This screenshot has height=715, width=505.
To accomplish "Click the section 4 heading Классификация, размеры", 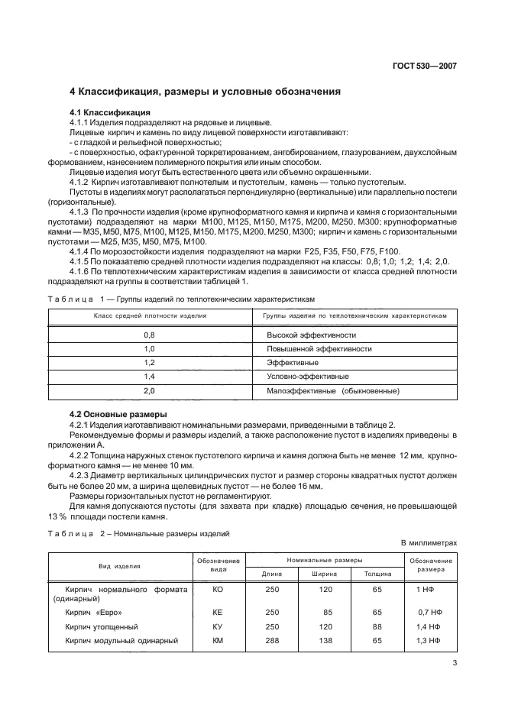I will [x=205, y=92].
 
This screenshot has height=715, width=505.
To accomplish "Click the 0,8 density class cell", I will [x=149, y=335].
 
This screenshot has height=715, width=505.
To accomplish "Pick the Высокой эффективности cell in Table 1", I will [x=311, y=335].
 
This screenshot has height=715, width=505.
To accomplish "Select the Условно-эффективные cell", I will [x=308, y=377].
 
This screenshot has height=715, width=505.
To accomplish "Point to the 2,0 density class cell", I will [x=149, y=390].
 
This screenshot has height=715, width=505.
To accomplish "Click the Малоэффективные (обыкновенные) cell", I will [x=333, y=390].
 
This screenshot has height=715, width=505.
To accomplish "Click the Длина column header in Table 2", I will [x=272, y=574].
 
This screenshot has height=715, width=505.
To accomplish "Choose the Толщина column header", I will [x=377, y=574].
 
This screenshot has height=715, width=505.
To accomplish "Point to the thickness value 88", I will [x=377, y=626].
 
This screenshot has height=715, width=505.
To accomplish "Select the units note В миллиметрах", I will [x=429, y=543].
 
